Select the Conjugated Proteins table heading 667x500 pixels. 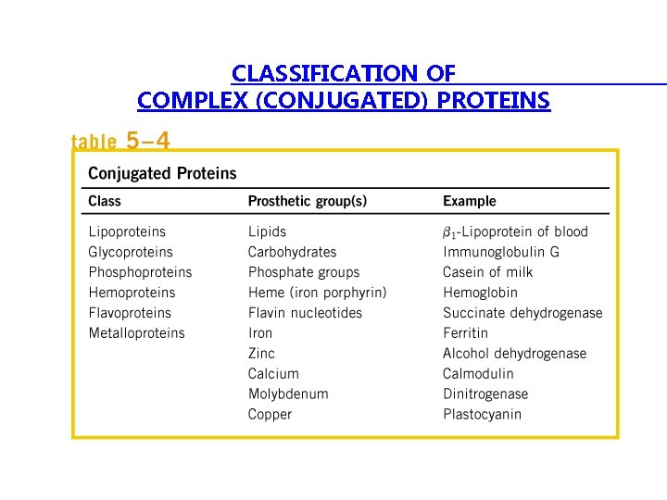(162, 173)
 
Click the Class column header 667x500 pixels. (105, 201)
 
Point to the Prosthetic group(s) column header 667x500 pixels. (307, 201)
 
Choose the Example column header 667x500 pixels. (469, 201)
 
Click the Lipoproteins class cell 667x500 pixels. (127, 231)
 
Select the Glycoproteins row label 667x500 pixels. (131, 252)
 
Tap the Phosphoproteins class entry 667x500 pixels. (140, 272)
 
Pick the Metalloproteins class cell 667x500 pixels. (136, 333)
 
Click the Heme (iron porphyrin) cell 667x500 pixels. (317, 293)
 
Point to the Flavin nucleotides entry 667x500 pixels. (305, 313)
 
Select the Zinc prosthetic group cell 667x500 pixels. (261, 354)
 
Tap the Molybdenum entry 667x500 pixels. (288, 394)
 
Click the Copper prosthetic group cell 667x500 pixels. (270, 415)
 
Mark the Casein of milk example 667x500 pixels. (487, 272)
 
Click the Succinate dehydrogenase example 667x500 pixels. (522, 313)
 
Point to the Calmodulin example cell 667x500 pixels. (478, 374)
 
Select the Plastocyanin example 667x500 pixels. (482, 415)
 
